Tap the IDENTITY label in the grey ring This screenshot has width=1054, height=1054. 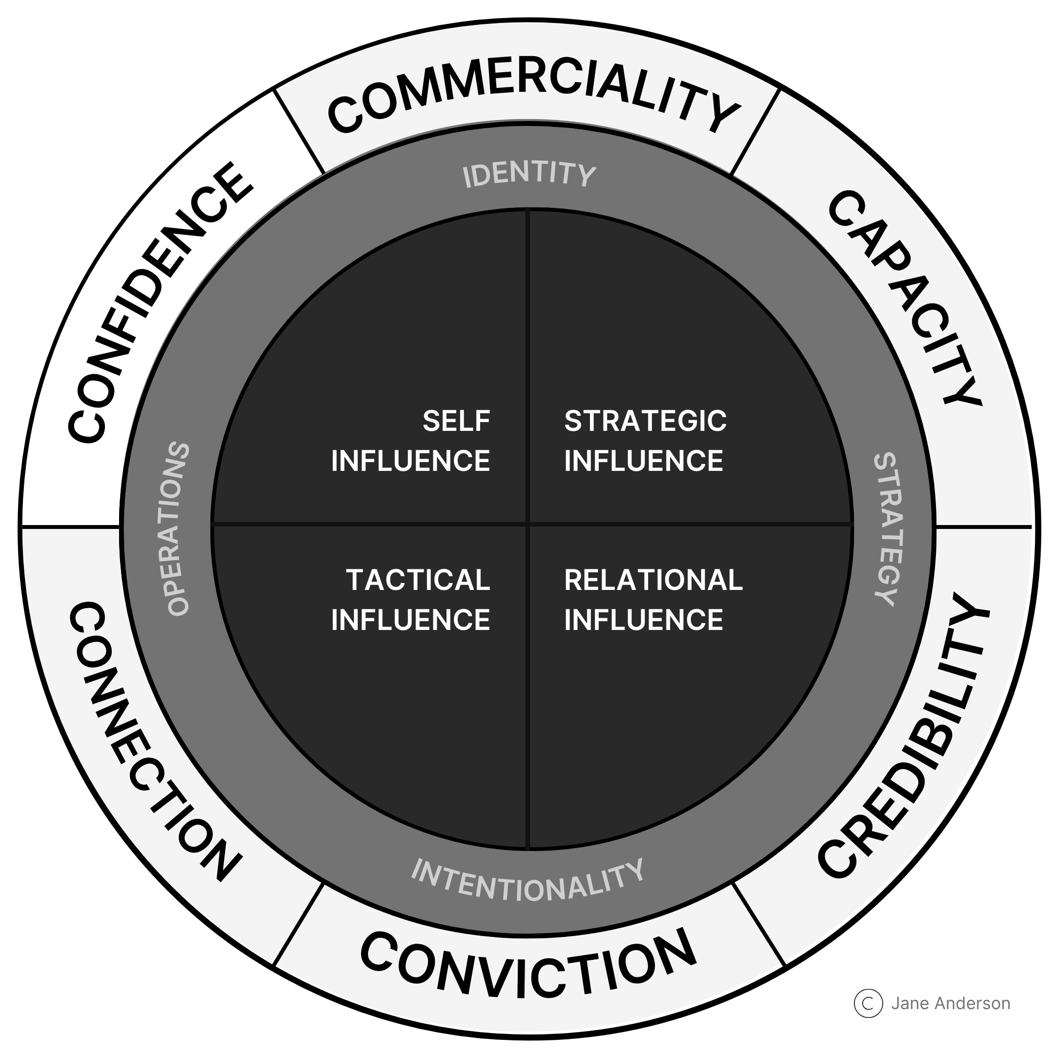tap(528, 175)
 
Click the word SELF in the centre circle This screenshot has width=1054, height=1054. tap(456, 421)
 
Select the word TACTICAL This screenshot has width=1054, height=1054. tap(418, 580)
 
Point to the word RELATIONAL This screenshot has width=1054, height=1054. tap(653, 580)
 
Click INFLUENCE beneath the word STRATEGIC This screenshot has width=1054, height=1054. tap(643, 461)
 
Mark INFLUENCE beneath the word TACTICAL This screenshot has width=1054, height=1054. tap(410, 620)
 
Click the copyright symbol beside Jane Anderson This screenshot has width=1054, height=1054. tap(868, 1003)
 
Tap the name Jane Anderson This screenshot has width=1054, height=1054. tap(951, 1003)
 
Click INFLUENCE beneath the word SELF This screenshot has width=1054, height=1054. tap(410, 461)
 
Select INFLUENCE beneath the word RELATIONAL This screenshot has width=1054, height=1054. tap(643, 620)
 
